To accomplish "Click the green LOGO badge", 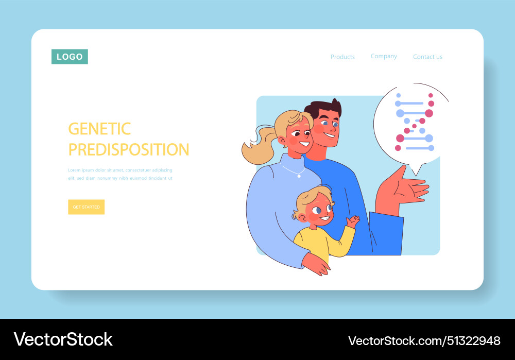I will point(70,57).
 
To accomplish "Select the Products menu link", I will point(342,57).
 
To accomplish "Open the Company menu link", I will point(384,56).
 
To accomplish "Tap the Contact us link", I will point(427,57).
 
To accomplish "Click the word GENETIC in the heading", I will point(99,128).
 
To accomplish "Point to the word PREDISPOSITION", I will point(129,149).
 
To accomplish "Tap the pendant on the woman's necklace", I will point(299,176).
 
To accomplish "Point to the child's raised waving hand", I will point(353,221).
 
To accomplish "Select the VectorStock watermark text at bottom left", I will point(63,339).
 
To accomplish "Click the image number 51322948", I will point(468,340).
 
